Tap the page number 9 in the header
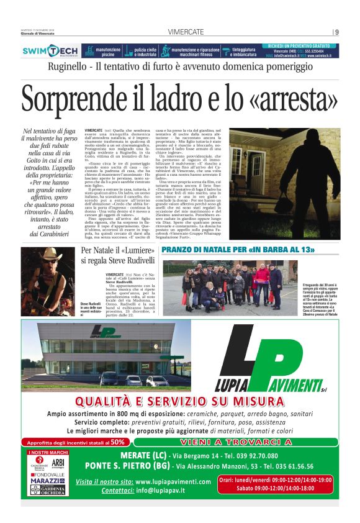coord(336,32)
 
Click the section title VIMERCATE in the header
coord(179,32)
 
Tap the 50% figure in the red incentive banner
coord(117,442)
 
